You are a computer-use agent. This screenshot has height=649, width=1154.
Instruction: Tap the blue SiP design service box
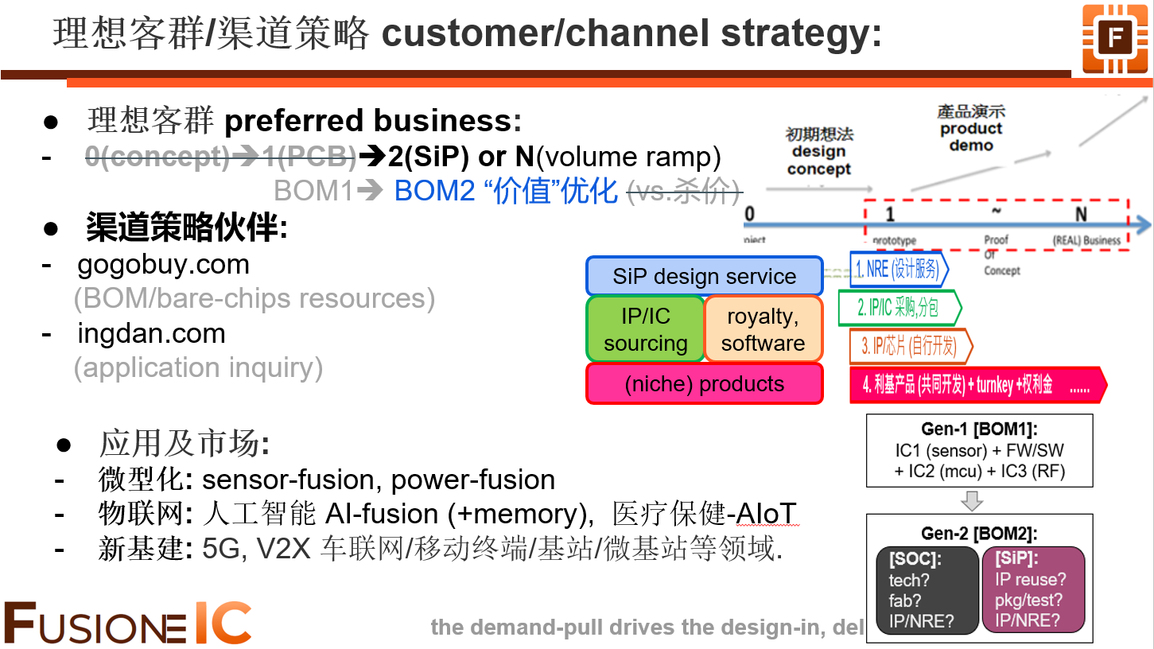tap(704, 276)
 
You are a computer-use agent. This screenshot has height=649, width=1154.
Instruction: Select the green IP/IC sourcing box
tap(645, 329)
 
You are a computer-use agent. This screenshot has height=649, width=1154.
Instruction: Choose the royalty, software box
tap(763, 329)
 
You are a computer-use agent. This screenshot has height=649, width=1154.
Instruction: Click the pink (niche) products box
tap(704, 384)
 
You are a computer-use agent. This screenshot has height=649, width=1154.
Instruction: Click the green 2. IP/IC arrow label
tap(899, 308)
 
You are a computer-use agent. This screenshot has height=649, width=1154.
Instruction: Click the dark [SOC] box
tap(927, 589)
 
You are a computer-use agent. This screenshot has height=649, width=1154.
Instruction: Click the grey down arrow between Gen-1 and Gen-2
tap(973, 501)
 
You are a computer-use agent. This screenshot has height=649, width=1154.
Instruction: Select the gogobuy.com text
tap(163, 264)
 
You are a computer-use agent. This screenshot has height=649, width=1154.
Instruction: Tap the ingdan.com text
tap(151, 333)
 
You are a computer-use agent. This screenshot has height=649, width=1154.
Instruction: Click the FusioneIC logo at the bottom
tap(127, 624)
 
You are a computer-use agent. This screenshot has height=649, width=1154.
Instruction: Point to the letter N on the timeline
tap(1081, 214)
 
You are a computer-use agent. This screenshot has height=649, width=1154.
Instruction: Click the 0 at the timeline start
tap(749, 214)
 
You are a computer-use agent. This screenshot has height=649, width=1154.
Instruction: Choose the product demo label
tap(971, 129)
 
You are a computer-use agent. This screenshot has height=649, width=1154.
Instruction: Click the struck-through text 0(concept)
tap(157, 157)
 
